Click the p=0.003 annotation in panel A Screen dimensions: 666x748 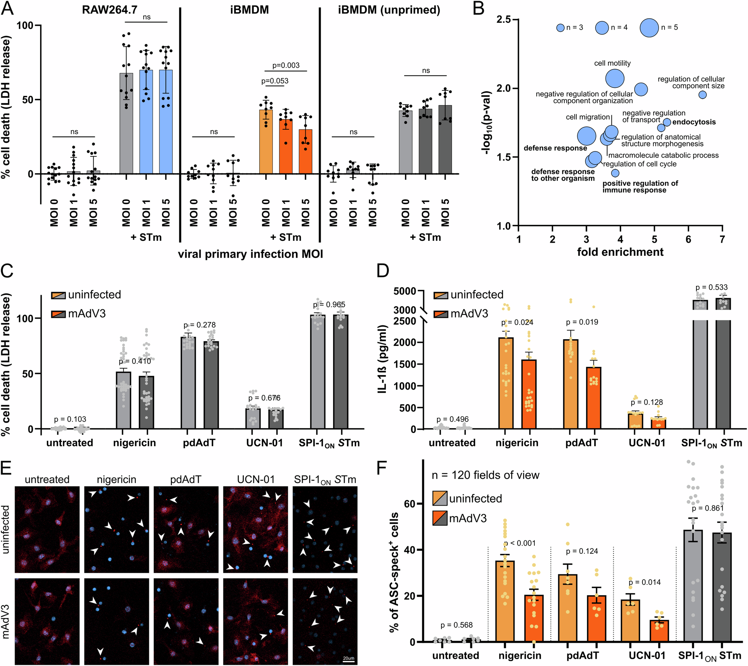click(286, 65)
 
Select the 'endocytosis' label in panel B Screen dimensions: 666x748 click(694, 122)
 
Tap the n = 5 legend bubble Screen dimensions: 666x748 click(649, 28)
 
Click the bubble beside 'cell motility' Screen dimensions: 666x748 click(615, 79)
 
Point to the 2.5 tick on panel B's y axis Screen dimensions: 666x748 click(504, 19)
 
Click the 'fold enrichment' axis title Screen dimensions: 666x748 click(620, 252)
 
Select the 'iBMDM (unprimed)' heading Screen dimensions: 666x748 click(389, 10)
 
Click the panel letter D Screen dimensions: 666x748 click(382, 270)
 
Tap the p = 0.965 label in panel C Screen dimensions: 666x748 click(329, 305)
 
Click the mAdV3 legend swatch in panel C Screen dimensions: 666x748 click(58, 314)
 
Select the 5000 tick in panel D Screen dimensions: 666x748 click(405, 291)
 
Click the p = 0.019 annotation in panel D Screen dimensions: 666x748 click(582, 322)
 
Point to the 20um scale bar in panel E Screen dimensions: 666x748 click(348, 662)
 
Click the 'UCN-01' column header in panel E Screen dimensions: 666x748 click(256, 479)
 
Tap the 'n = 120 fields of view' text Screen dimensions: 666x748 click(485, 475)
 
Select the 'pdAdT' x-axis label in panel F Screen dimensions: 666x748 click(582, 656)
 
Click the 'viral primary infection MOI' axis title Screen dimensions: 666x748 click(250, 254)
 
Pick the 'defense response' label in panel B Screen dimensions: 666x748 click(555, 148)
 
